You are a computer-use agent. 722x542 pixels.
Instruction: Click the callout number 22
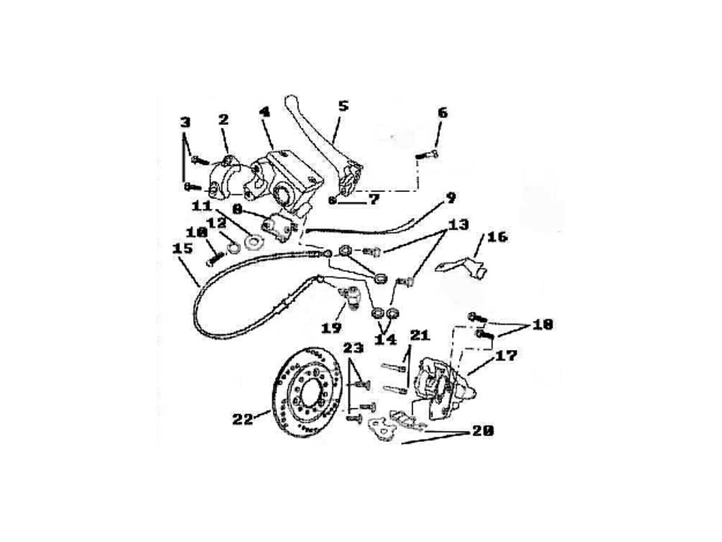click(x=242, y=418)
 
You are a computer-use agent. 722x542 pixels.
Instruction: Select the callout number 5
click(x=343, y=107)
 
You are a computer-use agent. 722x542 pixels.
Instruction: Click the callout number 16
click(x=497, y=236)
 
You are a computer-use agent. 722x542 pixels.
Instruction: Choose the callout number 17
click(x=505, y=356)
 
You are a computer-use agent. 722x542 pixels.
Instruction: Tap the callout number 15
click(x=183, y=248)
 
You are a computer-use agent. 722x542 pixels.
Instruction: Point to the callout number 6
click(x=442, y=112)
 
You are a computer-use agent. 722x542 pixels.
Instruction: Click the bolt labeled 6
click(x=427, y=154)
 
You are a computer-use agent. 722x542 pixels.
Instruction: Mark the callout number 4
click(x=264, y=112)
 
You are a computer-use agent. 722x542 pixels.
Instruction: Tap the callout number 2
click(x=224, y=120)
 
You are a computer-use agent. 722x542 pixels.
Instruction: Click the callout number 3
click(x=185, y=122)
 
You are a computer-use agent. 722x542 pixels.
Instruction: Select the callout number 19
click(x=332, y=327)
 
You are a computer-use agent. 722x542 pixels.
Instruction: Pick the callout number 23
click(x=354, y=347)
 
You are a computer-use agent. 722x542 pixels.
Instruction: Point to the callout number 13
click(x=458, y=225)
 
